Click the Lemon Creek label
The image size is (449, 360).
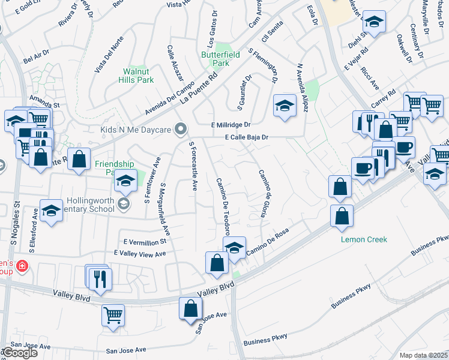click(364, 239)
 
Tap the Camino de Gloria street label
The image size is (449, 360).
click(262, 193)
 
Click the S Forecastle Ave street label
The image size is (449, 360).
click(193, 166)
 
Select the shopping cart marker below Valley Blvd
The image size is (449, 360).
click(113, 314)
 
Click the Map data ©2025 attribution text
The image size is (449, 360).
click(424, 355)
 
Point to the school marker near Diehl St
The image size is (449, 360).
click(375, 23)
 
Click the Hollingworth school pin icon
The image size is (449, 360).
click(124, 203)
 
